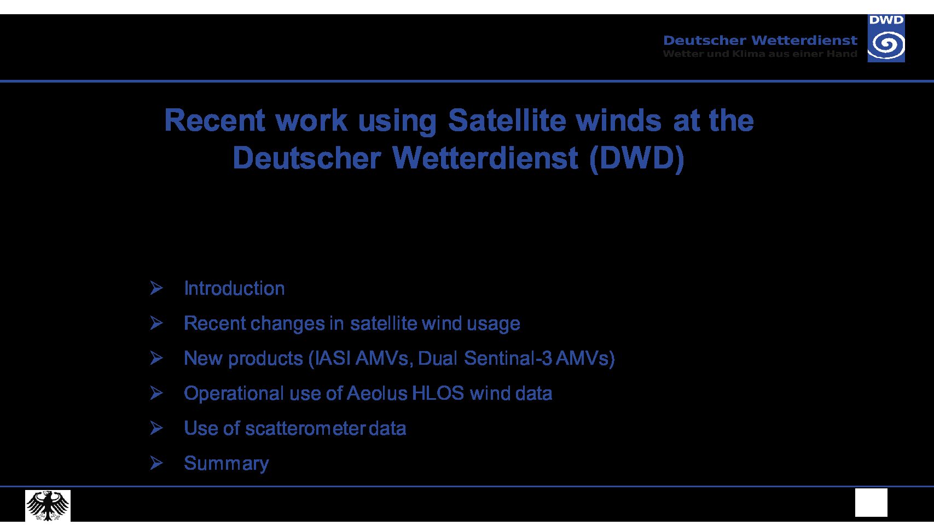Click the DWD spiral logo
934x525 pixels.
pos(886,38)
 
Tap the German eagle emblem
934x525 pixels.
pos(48,505)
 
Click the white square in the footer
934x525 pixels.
pos(871,503)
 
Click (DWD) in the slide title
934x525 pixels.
pos(637,159)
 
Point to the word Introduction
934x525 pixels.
pos(234,288)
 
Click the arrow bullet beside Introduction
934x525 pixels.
pos(156,288)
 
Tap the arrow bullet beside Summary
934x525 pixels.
pos(156,463)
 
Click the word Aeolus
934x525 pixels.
pos(377,393)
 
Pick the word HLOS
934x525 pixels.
pos(438,393)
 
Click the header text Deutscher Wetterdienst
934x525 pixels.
pos(760,40)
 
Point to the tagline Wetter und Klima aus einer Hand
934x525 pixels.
pos(760,54)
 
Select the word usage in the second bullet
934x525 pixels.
pos(494,324)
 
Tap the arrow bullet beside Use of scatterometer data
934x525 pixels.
pos(156,428)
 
